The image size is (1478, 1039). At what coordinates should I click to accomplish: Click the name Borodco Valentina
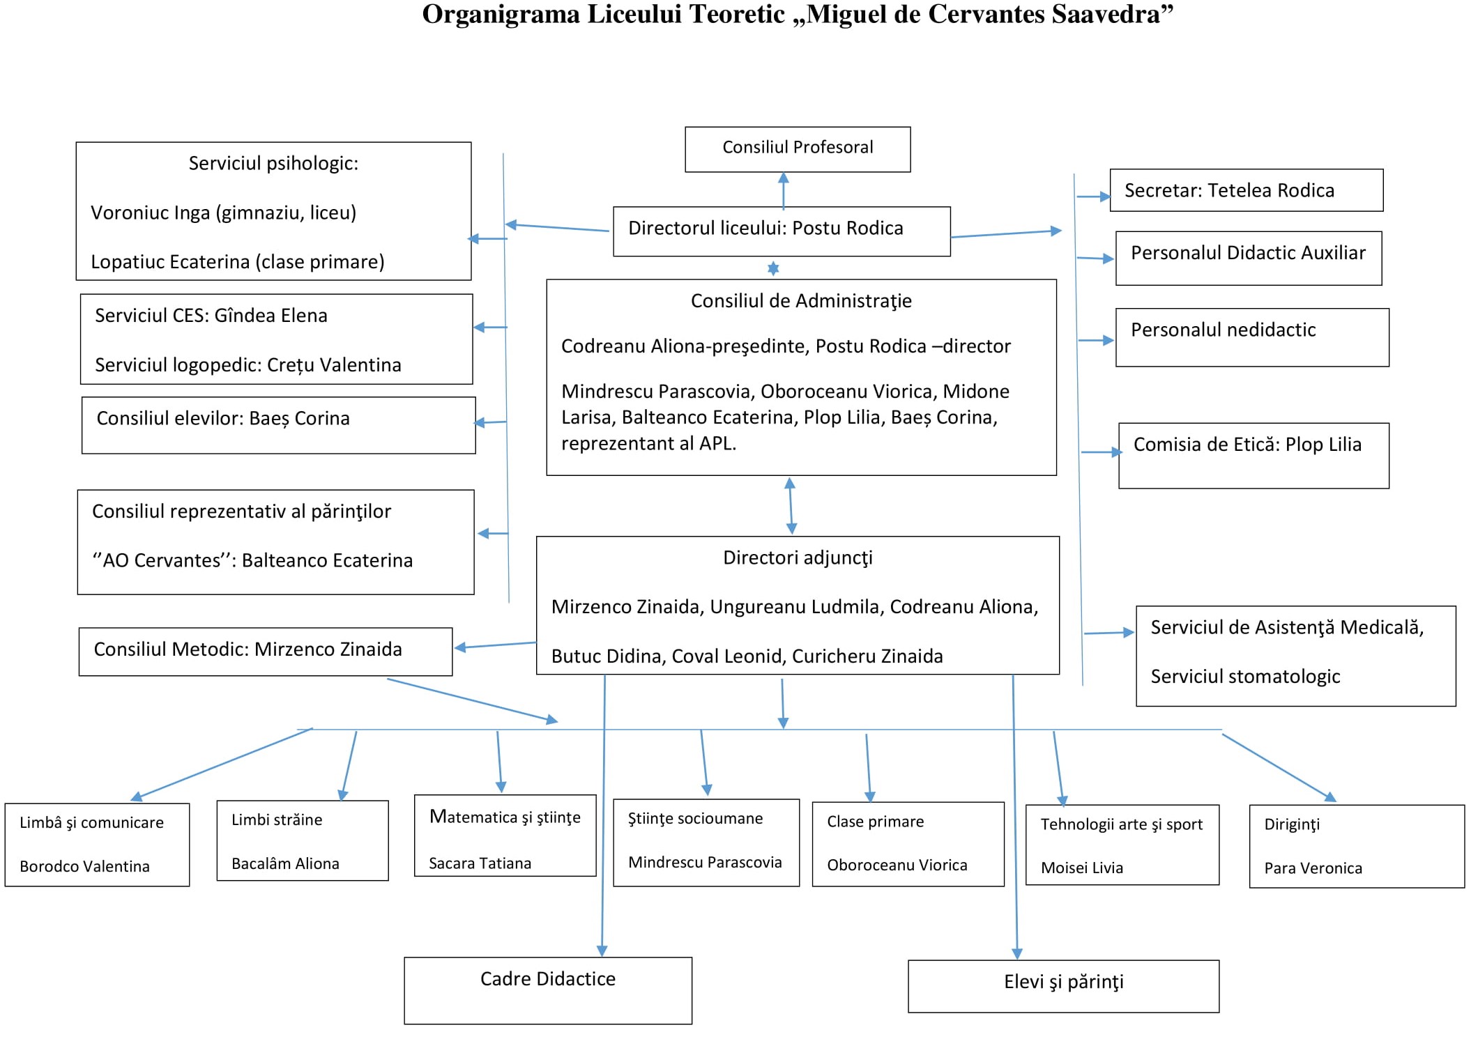tap(84, 866)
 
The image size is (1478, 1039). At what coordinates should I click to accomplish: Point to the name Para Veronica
tap(1313, 868)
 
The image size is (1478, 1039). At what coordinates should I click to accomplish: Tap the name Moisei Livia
tap(1082, 868)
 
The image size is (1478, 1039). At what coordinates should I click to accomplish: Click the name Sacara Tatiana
tap(480, 863)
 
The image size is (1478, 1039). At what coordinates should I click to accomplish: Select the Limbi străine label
tap(277, 819)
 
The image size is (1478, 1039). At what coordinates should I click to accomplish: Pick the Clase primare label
tap(875, 822)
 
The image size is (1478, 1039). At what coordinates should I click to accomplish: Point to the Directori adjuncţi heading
tap(798, 558)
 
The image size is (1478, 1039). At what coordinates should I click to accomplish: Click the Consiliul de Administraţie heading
tap(801, 301)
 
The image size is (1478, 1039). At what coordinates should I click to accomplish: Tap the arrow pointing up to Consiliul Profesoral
tap(784, 191)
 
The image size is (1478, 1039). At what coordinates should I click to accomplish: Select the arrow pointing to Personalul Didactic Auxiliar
tap(1095, 259)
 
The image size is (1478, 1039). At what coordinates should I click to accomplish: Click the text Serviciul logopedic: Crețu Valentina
tap(248, 365)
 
